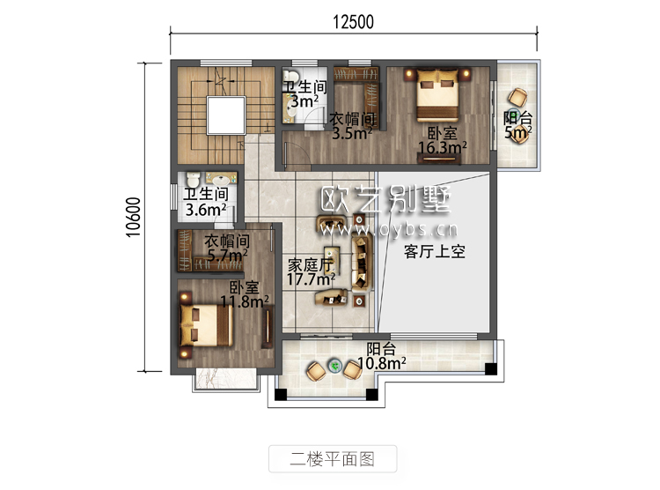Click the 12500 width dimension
353,22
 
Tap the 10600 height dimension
133,217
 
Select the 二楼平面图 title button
333,458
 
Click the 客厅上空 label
435,251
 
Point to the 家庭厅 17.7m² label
311,272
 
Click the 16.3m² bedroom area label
443,147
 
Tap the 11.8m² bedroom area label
245,301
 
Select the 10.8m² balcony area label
381,363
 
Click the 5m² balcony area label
518,132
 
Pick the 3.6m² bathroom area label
206,210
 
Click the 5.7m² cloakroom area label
227,255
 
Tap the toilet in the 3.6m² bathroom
193,179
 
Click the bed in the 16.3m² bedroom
436,94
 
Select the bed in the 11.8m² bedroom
206,325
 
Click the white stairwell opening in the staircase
226,115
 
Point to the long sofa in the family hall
361,264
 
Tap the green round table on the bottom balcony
335,366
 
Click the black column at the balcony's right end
491,368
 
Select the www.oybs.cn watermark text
388,230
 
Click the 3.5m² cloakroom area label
352,133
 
